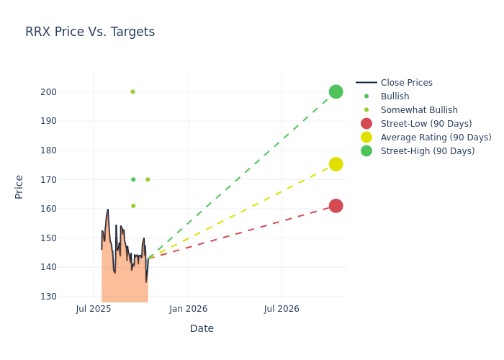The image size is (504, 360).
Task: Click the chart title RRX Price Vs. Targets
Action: click(x=90, y=32)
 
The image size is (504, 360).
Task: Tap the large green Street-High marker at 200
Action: click(x=336, y=91)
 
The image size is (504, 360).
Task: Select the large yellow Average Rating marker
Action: click(x=336, y=164)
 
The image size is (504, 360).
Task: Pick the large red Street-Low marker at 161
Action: click(x=336, y=206)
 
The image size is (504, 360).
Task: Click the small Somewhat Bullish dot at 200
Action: click(x=132, y=91)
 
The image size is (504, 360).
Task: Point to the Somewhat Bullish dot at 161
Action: click(x=133, y=206)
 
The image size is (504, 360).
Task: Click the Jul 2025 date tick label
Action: click(x=94, y=309)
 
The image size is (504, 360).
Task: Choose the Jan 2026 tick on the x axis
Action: click(x=189, y=309)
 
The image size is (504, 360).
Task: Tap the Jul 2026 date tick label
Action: click(x=282, y=309)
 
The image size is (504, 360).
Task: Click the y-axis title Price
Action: click(x=19, y=186)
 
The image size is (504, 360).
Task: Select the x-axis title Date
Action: click(x=202, y=328)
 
